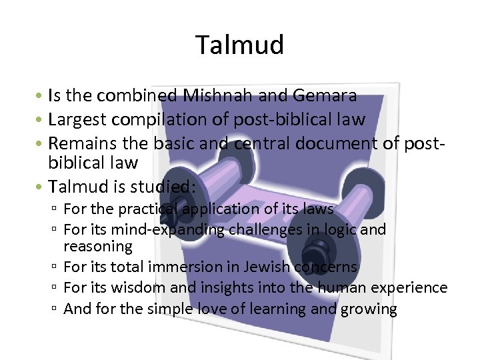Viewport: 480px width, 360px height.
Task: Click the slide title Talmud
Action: [x=240, y=45]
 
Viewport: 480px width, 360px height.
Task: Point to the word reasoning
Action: [x=98, y=247]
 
